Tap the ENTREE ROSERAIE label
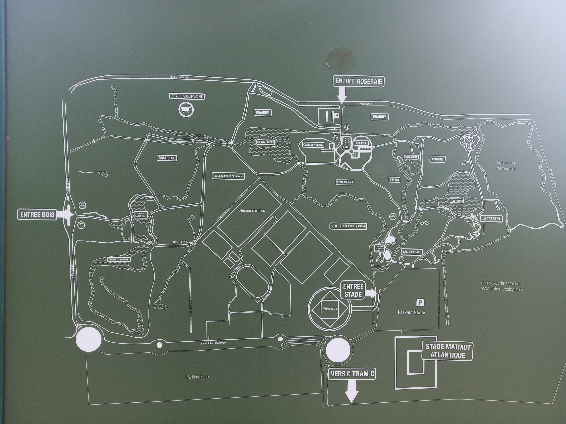[359, 81]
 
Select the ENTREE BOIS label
[37, 214]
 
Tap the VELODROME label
[330, 309]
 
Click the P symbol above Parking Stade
[420, 303]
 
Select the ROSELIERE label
[167, 158]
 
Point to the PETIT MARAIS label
[345, 182]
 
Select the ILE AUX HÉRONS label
[266, 142]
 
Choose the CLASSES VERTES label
[313, 145]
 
